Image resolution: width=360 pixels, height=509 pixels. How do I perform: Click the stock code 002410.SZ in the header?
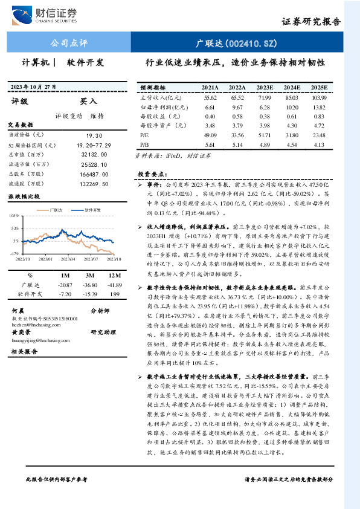tap(237, 43)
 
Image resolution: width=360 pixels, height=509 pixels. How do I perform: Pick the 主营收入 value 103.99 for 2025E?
tap(320, 97)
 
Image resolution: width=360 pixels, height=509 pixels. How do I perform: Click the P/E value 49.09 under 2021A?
tap(210, 135)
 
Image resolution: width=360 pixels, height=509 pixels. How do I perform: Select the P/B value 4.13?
tap(320, 145)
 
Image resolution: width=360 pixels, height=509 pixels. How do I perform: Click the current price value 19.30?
tap(86, 136)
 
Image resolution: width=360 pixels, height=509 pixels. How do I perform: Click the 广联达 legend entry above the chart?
tap(57, 210)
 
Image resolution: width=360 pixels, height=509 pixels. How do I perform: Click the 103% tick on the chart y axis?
tap(13, 215)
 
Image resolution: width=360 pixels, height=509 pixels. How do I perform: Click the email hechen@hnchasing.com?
tap(36, 324)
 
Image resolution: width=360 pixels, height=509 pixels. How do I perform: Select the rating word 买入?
tap(88, 102)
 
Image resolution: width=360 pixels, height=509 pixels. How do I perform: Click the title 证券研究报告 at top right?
tap(311, 22)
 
